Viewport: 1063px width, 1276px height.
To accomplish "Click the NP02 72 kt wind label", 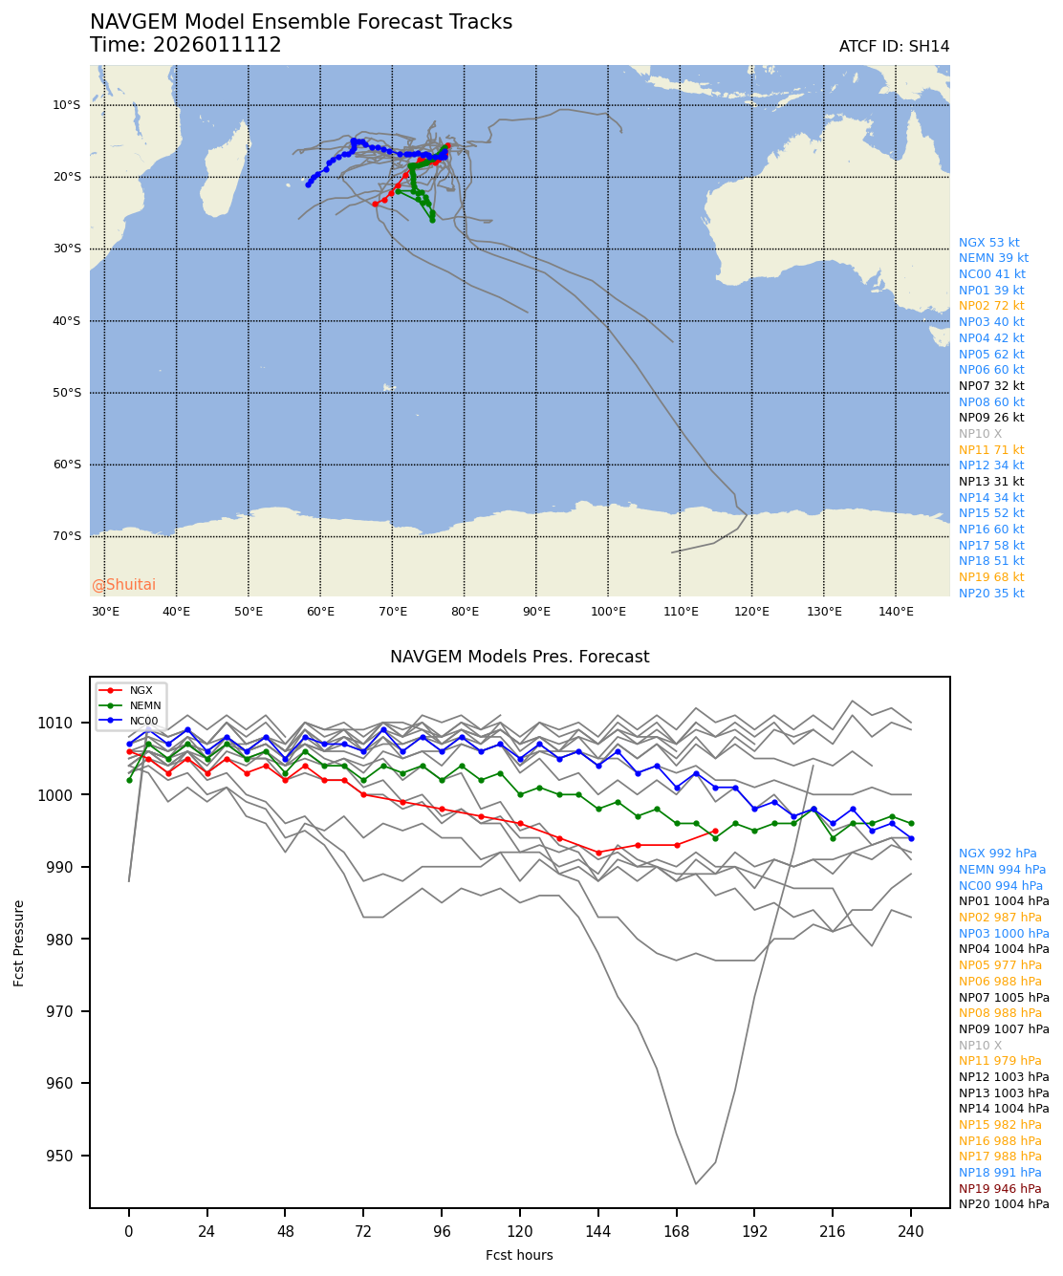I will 991,306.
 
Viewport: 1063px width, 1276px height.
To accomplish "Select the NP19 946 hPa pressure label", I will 1000,1189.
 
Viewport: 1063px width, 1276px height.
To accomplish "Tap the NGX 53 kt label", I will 988,243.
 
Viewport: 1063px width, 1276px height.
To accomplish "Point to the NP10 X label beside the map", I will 981,434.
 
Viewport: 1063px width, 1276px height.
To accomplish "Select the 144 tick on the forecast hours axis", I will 597,1232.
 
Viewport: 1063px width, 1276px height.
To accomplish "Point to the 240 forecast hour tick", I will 911,1232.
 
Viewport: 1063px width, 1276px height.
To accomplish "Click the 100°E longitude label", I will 608,612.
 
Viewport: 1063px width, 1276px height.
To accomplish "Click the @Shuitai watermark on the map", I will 123,585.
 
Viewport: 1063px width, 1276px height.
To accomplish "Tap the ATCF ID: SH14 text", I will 894,47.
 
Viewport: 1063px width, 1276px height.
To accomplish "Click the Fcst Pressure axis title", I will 19,942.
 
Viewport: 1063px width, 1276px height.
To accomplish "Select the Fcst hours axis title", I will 519,1255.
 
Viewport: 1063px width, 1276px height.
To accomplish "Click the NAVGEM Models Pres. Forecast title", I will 519,657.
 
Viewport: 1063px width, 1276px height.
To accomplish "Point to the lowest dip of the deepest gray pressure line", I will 696,1183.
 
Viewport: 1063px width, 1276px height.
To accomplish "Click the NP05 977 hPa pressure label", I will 1000,965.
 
